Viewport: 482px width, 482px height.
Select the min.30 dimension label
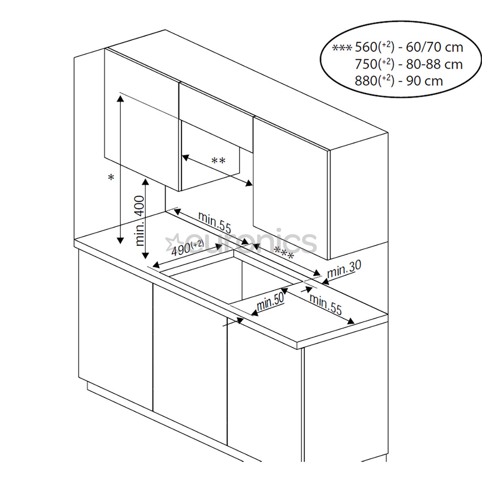tap(344, 269)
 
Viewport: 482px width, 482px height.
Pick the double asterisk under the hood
tap(218, 161)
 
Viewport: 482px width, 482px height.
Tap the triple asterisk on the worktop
tap(284, 254)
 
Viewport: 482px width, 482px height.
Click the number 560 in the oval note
tap(366, 47)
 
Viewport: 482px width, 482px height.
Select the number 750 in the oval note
tap(366, 64)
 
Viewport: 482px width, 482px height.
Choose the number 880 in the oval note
tap(366, 81)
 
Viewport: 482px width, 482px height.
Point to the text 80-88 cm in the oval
tap(434, 64)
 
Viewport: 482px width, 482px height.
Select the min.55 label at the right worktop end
tap(325, 305)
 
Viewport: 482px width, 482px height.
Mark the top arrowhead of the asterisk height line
tap(120, 98)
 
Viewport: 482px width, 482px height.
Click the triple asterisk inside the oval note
tap(342, 47)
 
